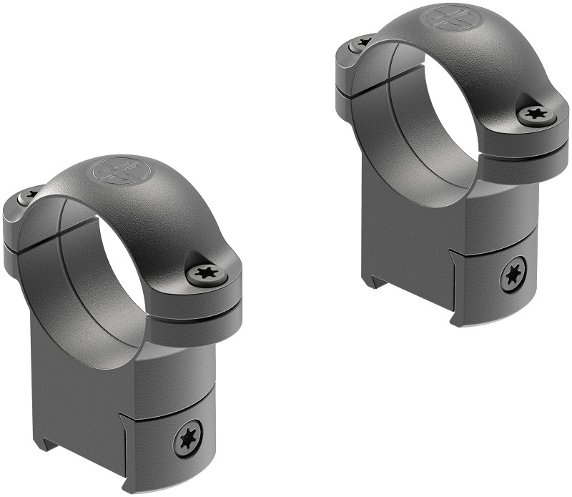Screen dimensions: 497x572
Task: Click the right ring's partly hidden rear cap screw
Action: tap(361, 44)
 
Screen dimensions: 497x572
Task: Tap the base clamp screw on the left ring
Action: tap(188, 439)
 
